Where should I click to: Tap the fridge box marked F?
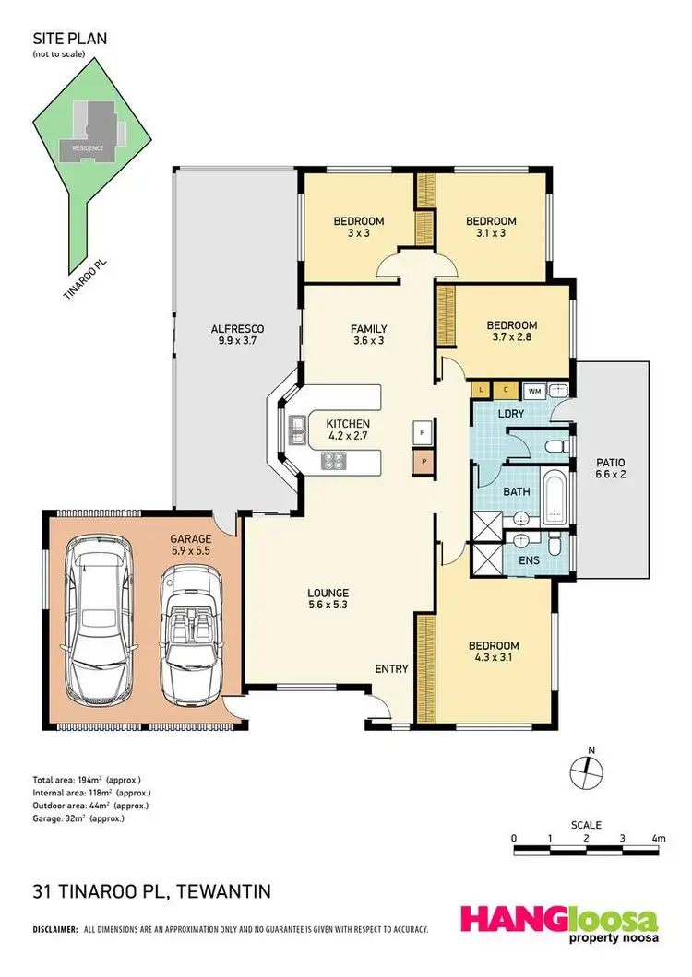coord(423,431)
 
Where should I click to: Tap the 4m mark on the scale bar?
coord(658,838)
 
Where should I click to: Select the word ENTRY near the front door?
coord(390,669)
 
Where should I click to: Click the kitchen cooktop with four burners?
coord(332,461)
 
